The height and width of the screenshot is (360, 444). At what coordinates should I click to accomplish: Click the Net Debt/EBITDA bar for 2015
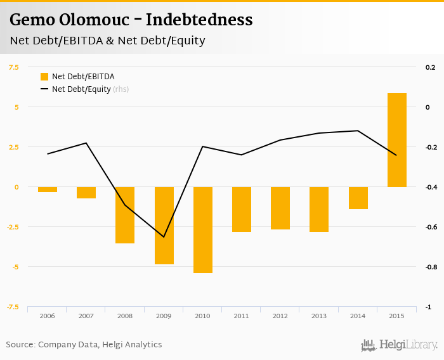(397, 140)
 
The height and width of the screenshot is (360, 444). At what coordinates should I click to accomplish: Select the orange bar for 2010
(203, 230)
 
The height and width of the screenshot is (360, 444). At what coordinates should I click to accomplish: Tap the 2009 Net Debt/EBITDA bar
(164, 226)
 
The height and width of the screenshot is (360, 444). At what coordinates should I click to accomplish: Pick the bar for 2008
(125, 215)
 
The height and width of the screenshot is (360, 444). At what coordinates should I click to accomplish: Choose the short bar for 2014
(358, 198)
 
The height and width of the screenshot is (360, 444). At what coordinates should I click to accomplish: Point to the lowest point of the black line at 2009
(164, 237)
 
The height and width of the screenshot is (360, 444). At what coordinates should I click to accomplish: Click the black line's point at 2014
(358, 131)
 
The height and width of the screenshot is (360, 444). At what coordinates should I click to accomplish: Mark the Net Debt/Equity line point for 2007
(86, 143)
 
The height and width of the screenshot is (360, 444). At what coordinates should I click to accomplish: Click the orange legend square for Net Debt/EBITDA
(44, 77)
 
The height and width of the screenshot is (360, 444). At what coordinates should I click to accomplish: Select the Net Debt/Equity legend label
(81, 89)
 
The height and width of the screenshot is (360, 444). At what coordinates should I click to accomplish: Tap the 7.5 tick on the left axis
(13, 67)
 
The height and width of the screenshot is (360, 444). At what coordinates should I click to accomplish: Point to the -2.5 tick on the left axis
(11, 227)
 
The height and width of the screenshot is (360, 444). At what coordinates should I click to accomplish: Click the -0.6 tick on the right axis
(431, 227)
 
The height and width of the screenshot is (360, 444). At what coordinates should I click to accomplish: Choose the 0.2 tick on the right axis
(431, 67)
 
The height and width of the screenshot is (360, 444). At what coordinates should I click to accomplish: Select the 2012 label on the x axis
(280, 316)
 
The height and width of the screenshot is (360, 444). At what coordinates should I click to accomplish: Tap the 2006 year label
(48, 316)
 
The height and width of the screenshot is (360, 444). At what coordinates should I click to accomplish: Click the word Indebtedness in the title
(199, 20)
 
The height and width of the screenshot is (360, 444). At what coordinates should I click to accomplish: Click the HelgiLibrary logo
(400, 345)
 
